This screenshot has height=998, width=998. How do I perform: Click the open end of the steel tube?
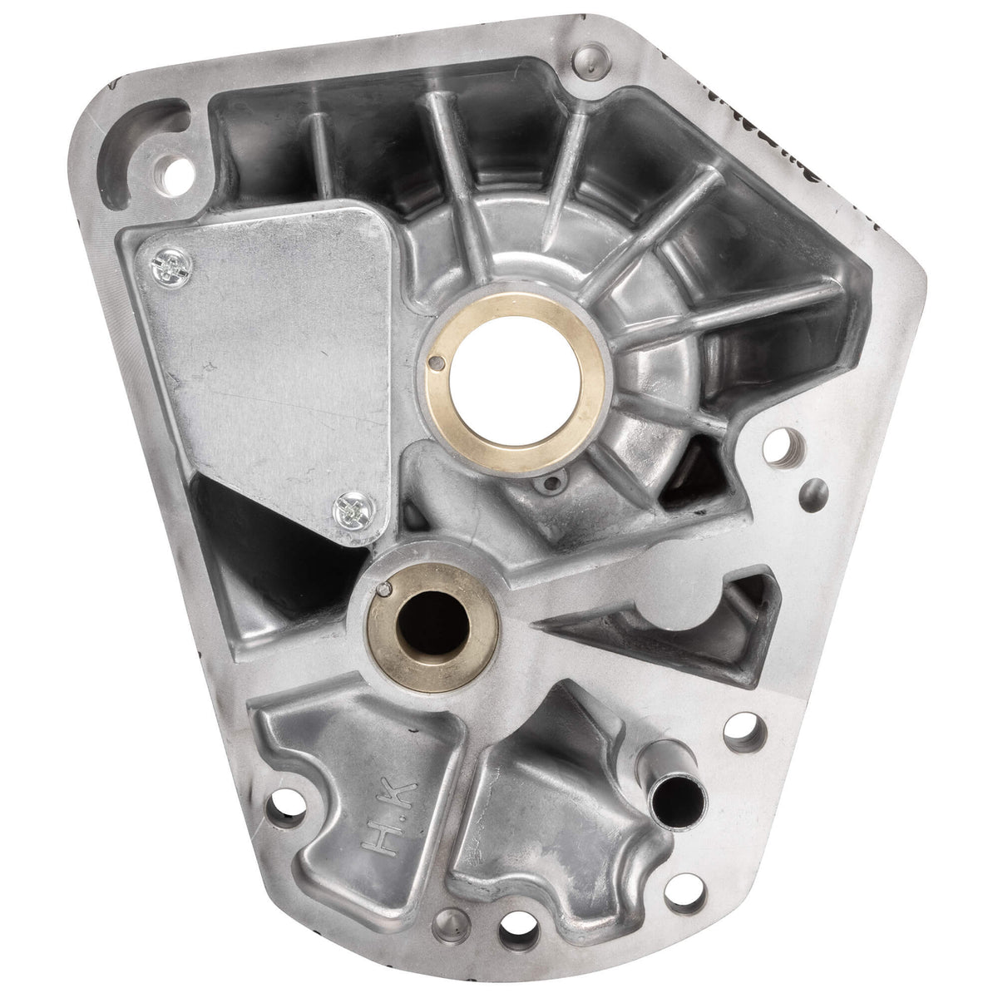(x=670, y=764)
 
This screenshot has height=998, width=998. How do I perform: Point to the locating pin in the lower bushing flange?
(x=382, y=591)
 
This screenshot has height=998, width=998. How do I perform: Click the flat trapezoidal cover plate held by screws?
(x=258, y=366)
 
